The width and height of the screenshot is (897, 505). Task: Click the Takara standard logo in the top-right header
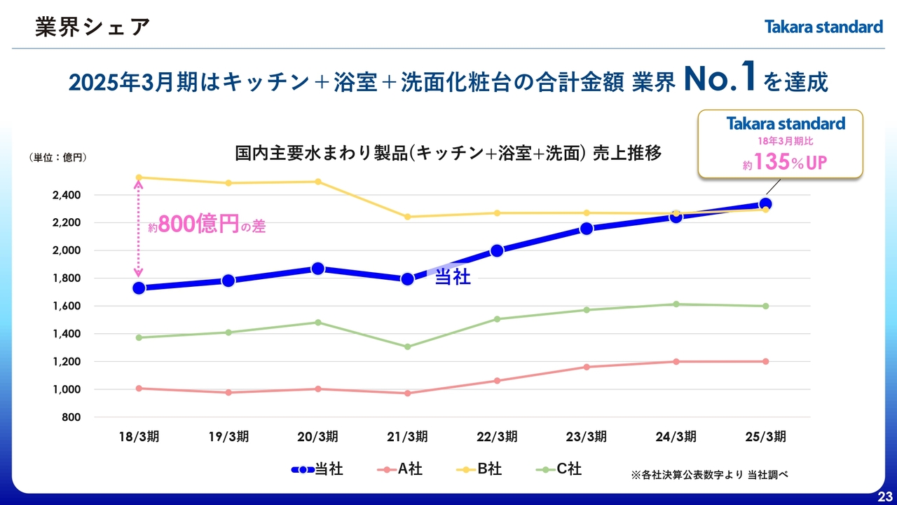coord(823,27)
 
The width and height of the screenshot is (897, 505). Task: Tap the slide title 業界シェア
coord(93,27)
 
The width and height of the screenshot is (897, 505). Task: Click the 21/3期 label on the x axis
coord(407,437)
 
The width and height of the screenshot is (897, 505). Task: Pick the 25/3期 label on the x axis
coord(765,437)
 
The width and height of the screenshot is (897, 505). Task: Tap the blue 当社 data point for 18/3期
coord(139,288)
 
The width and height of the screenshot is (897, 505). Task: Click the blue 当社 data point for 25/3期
coord(766,205)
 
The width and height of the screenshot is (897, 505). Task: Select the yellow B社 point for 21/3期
coord(407,217)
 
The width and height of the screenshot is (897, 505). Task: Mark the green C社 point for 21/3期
coord(407,346)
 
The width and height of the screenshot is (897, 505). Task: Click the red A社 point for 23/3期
coord(587,367)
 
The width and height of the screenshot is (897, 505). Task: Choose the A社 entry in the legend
coord(399,469)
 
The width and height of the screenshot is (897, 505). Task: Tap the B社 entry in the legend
coord(479,469)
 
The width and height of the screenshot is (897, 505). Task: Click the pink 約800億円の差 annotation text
coord(207,226)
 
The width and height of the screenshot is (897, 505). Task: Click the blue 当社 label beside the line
coord(453,278)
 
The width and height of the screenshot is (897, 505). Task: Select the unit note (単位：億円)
coord(58,158)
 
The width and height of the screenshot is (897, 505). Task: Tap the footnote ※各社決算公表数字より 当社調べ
coord(710,475)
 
